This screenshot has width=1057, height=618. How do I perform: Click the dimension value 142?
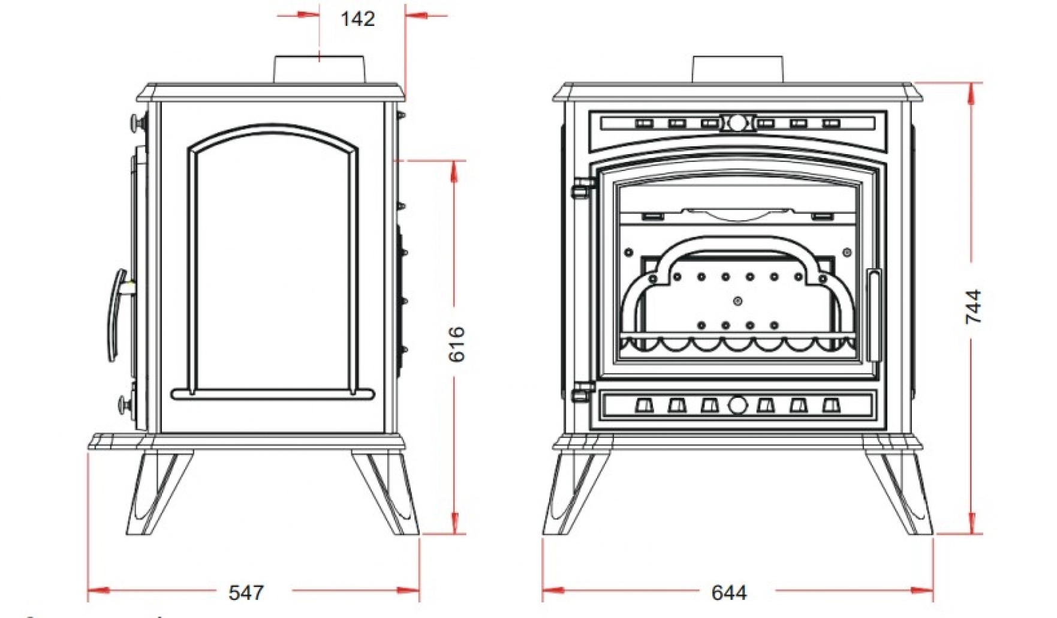[357, 19]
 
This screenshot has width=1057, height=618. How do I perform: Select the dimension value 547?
[246, 593]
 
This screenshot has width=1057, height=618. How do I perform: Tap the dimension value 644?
[729, 593]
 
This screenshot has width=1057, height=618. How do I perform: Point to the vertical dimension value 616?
[457, 344]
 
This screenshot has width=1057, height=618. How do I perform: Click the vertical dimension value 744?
[974, 307]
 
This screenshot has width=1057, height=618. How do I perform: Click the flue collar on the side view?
[320, 70]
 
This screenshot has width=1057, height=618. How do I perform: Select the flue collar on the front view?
[737, 70]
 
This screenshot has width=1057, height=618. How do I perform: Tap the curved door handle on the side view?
[116, 315]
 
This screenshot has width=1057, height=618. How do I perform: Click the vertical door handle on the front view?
[874, 315]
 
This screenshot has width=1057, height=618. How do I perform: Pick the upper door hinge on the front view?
[581, 188]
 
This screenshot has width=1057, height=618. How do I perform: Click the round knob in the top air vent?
[737, 123]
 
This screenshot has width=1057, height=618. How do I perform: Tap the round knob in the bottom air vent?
[737, 405]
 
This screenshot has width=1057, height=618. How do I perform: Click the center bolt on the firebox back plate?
[738, 301]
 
